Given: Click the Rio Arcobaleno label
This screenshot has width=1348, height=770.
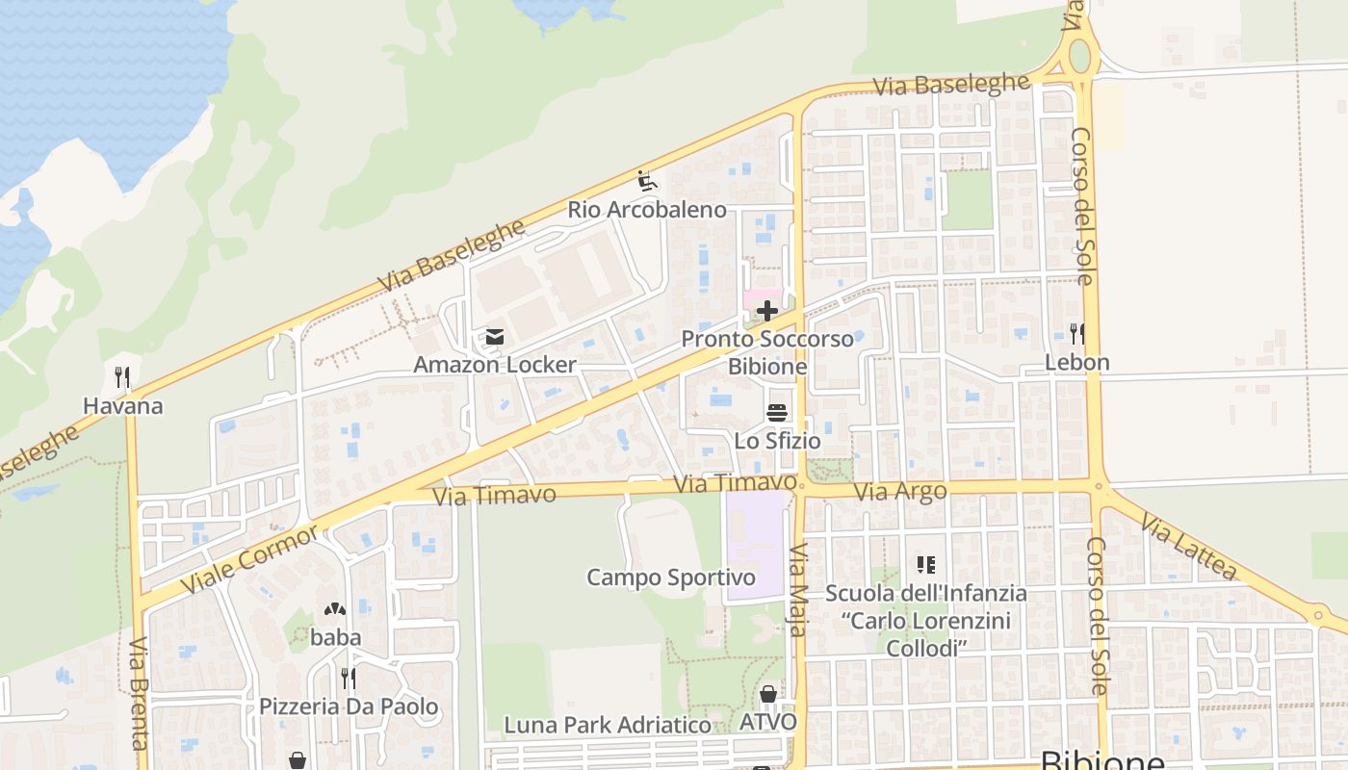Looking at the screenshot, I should coord(646,209).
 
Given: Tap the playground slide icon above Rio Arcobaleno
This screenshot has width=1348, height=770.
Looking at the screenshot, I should coord(647,180).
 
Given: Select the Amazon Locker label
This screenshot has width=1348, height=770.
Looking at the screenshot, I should coord(494,365).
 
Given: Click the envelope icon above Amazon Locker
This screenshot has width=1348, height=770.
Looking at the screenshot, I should coord(495,337).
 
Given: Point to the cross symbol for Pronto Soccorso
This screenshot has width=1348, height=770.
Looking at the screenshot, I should coord(767,311).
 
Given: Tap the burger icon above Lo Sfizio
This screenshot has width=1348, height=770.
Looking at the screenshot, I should coord(777,413).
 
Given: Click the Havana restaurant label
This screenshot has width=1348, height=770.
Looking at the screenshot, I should coord(122,405).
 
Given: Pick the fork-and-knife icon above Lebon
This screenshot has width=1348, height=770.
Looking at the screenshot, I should coord(1077,334).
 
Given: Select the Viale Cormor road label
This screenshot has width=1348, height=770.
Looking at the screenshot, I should coord(249,559).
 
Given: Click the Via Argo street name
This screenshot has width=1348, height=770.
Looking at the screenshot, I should coord(900,492).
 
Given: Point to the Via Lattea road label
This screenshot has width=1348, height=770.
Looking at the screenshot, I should coord(1188,547).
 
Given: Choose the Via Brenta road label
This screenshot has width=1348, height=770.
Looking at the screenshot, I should coord(140,693).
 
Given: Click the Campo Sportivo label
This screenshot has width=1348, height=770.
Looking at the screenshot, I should coord(671,577).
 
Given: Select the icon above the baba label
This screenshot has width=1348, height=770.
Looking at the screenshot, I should coord(335,609).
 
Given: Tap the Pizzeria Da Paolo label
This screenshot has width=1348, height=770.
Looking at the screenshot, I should coord(349,706).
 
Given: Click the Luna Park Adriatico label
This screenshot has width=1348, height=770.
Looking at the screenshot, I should coord(608,724).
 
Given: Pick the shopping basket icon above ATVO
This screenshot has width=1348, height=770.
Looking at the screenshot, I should coord(768,694).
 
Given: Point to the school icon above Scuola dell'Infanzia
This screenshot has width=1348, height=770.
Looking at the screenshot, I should coord(926,565).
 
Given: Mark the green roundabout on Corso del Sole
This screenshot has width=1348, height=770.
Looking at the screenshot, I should coord(1080,55).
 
